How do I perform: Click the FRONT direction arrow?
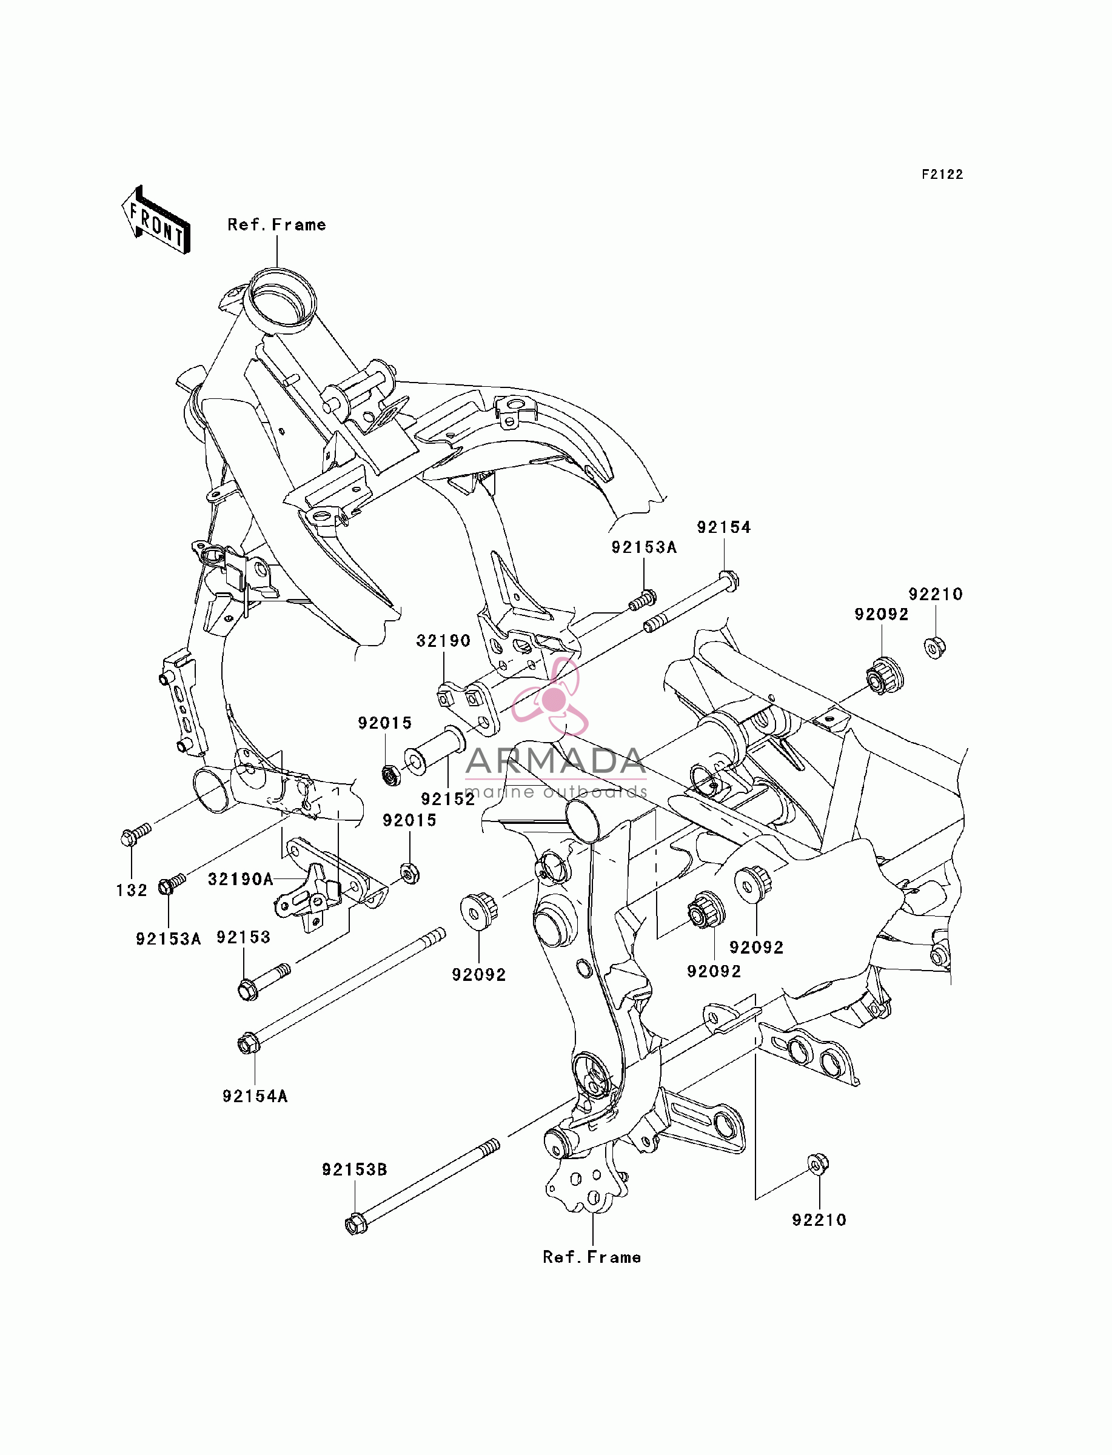tap(156, 220)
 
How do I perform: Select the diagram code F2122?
tap(943, 175)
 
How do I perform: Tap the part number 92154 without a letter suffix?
tap(724, 527)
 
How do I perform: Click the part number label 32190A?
tap(241, 879)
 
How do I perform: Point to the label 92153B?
tap(355, 1170)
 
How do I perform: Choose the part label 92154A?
tap(255, 1096)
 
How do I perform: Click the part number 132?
tap(132, 891)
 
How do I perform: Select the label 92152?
tap(448, 799)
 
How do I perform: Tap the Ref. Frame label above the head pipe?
tap(276, 225)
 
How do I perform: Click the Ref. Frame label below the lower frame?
tap(592, 1257)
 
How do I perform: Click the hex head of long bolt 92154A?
tap(247, 1044)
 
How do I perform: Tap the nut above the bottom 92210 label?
tap(818, 1165)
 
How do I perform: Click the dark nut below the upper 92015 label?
tap(392, 774)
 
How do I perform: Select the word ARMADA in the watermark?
tap(555, 761)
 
